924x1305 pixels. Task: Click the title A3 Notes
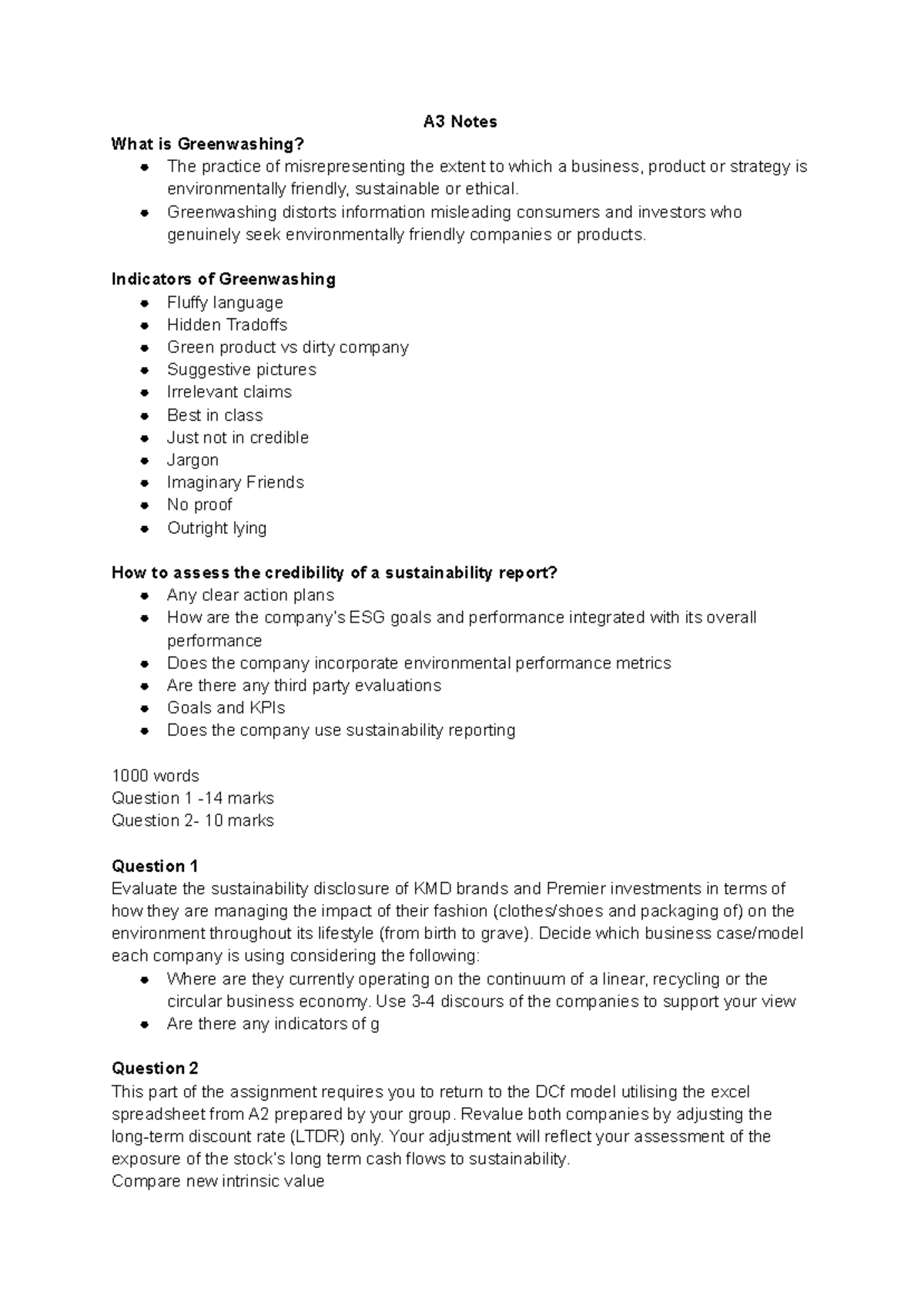coord(460,122)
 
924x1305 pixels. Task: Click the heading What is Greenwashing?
coord(208,144)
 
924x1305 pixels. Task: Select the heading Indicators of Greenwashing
coord(223,279)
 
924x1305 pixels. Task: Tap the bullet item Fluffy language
coord(225,302)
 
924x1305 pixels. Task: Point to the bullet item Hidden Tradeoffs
coord(227,324)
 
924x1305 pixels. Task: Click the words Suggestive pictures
coord(242,370)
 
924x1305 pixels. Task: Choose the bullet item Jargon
coord(192,460)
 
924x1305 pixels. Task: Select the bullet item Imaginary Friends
coord(236,482)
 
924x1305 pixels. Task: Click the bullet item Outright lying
coord(217,528)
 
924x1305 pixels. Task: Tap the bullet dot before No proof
coord(144,505)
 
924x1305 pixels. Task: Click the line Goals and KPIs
coord(226,708)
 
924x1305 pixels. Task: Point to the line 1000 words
coord(156,776)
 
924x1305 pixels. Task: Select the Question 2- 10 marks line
coord(192,820)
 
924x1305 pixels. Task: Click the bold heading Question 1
coord(155,866)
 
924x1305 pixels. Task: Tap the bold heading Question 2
coord(155,1068)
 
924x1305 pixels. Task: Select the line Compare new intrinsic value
coord(218,1181)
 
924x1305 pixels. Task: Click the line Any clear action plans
coord(250,595)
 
